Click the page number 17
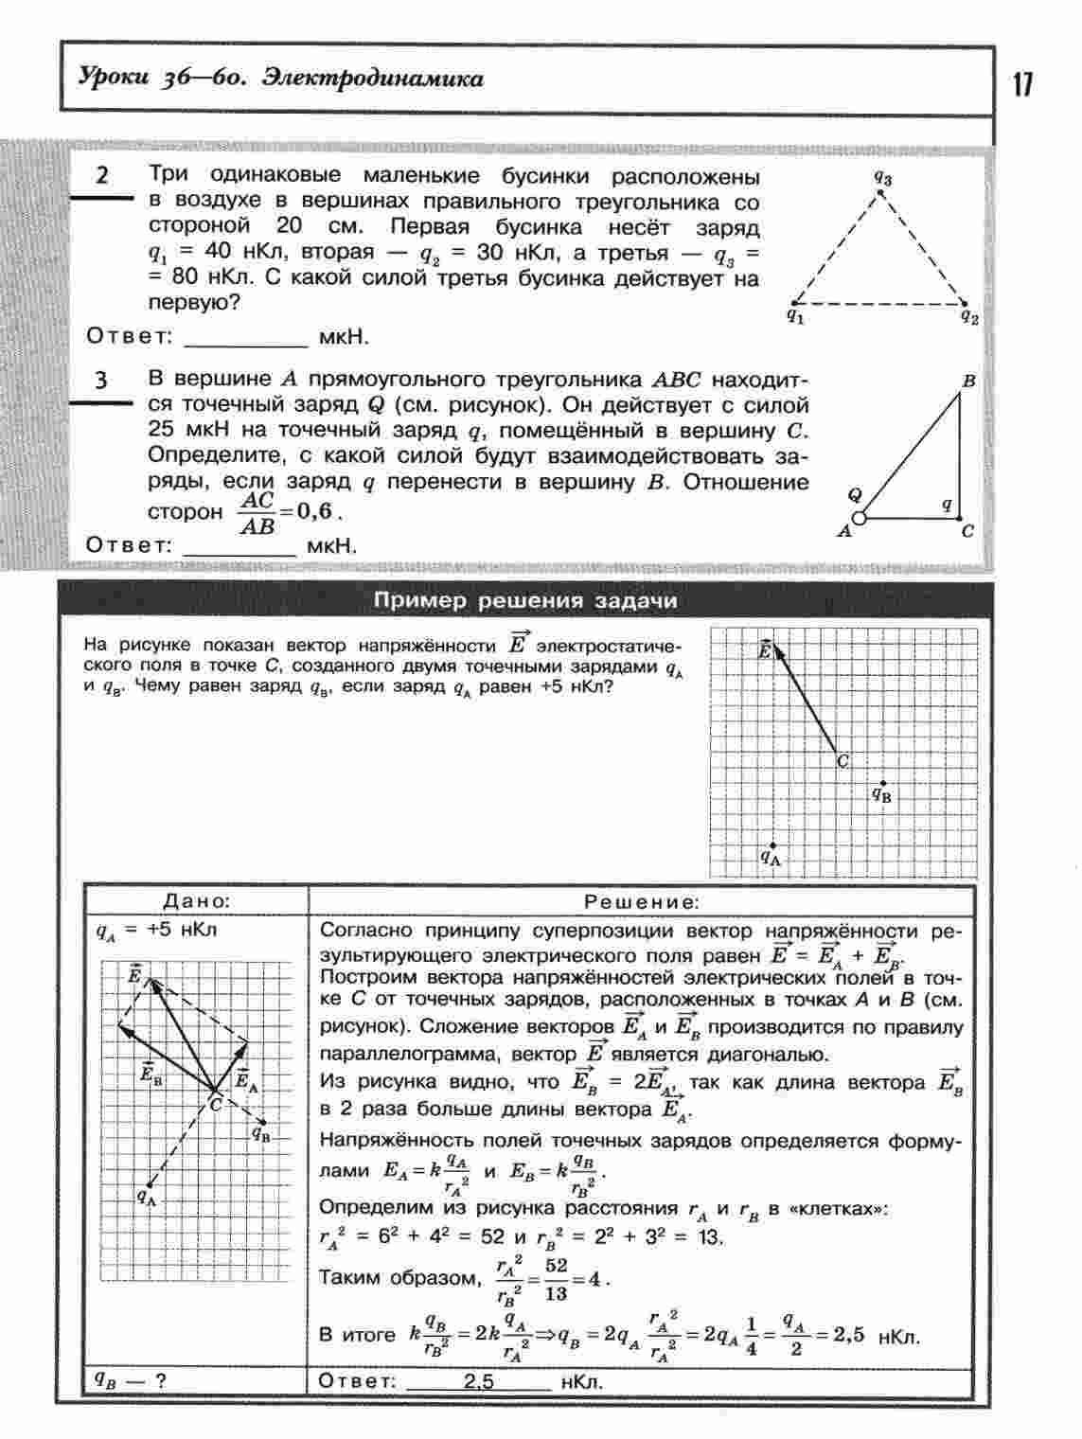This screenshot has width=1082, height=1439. pyautogui.click(x=1022, y=84)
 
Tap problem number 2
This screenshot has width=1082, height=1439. pyautogui.click(x=102, y=177)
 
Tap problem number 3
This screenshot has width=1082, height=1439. pyautogui.click(x=101, y=381)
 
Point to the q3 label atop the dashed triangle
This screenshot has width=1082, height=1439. pyautogui.click(x=882, y=177)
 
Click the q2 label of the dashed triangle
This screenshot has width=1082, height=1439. pyautogui.click(x=968, y=317)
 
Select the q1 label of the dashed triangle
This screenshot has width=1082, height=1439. pyautogui.click(x=795, y=317)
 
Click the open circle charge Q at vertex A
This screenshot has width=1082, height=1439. pyautogui.click(x=859, y=518)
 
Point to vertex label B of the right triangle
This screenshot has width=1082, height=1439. pyautogui.click(x=968, y=382)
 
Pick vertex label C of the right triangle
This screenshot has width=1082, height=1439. pyautogui.click(x=967, y=532)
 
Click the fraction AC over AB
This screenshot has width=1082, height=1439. pyautogui.click(x=257, y=512)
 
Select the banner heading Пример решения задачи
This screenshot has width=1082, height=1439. pyautogui.click(x=525, y=601)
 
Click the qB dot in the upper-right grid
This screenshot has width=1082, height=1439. pyautogui.click(x=883, y=783)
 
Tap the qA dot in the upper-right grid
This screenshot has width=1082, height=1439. pyautogui.click(x=773, y=845)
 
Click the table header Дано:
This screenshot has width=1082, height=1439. pyautogui.click(x=196, y=902)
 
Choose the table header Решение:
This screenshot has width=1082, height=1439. pyautogui.click(x=642, y=902)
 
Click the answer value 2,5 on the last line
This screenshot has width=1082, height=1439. pyautogui.click(x=479, y=1381)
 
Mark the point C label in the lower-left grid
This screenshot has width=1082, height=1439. pyautogui.click(x=216, y=1104)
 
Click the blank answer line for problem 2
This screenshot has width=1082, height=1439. pyautogui.click(x=246, y=339)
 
